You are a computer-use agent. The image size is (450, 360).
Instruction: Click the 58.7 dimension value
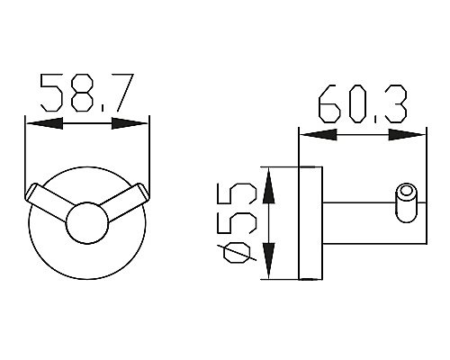pos(86,93)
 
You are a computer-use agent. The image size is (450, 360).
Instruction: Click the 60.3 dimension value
pos(363,103)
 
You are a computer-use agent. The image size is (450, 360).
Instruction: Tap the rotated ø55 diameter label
pos(240,223)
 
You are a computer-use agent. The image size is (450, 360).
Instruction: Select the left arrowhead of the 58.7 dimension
pos(44,123)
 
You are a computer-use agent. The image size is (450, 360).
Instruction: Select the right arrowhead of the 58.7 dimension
pos(130,123)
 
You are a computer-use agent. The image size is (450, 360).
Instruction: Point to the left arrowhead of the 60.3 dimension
pos(319,135)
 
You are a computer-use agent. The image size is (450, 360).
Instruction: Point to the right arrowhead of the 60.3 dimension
pos(407,135)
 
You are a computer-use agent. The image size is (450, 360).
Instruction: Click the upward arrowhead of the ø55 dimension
pos(268,186)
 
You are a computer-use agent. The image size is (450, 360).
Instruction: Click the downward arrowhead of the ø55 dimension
pos(268,260)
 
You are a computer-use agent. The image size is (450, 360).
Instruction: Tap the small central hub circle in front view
pos(87,223)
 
